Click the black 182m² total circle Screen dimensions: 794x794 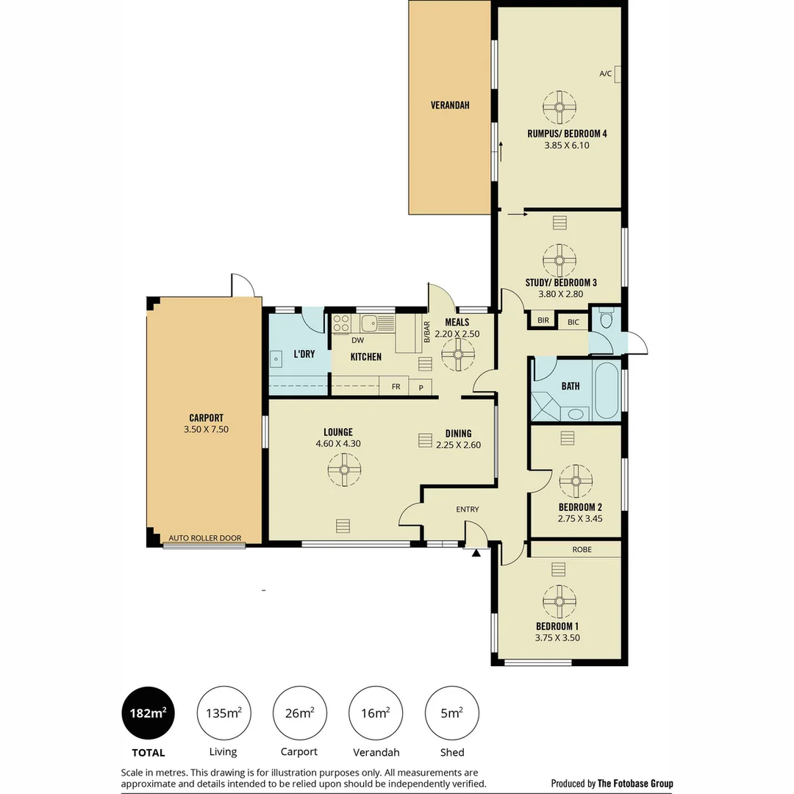[148, 713]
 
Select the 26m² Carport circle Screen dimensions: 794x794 [300, 713]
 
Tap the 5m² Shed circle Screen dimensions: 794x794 [452, 713]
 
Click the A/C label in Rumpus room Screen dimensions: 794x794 [606, 74]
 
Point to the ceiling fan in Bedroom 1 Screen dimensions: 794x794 [559, 601]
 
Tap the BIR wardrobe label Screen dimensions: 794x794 [543, 321]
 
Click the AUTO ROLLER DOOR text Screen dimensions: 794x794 [205, 538]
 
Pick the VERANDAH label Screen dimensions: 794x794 [450, 105]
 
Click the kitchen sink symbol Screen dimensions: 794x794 [368, 321]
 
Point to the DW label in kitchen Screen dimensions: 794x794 [357, 340]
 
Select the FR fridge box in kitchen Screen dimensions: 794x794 [396, 387]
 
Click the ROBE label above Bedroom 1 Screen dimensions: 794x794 [581, 549]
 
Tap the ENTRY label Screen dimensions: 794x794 [468, 509]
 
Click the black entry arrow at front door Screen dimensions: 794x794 [477, 553]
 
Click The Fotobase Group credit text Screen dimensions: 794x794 [635, 784]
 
